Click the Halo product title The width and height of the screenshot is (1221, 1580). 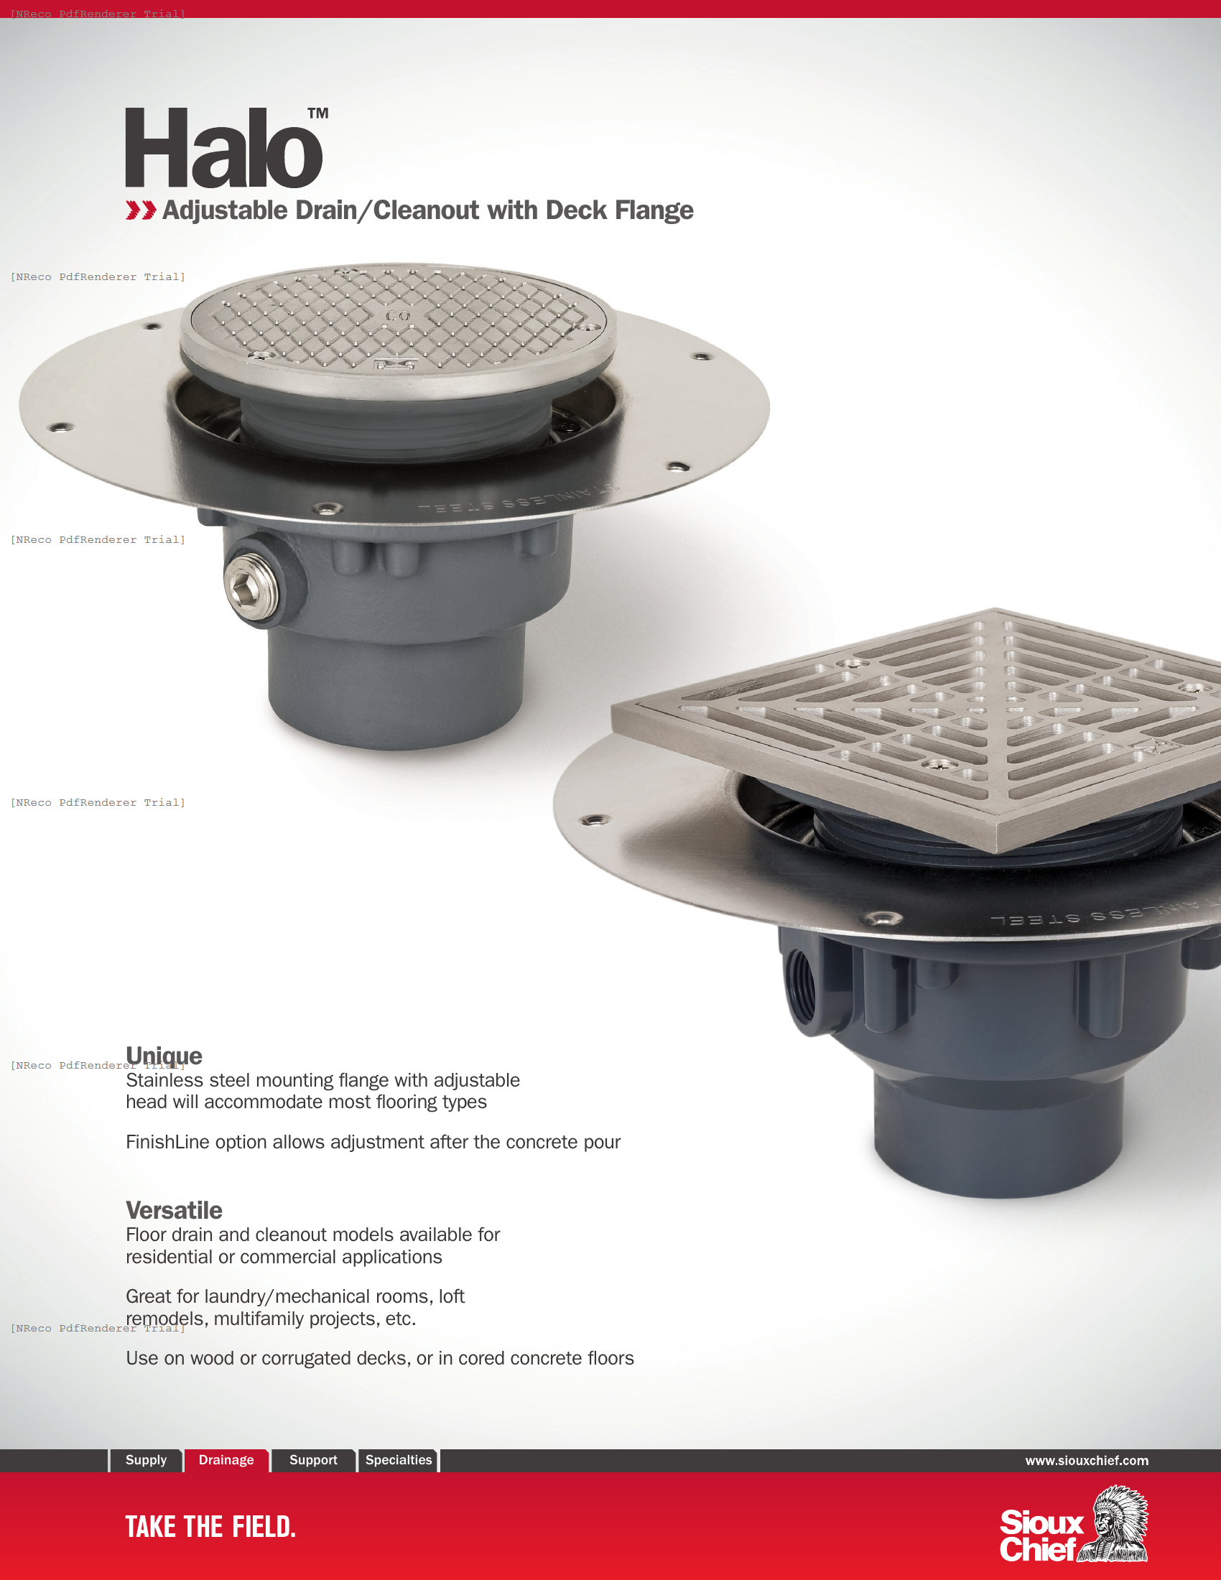point(223,149)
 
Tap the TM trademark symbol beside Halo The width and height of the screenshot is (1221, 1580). point(317,113)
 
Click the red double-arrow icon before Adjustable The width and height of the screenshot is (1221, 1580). point(140,210)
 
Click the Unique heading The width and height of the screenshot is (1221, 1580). point(164,1056)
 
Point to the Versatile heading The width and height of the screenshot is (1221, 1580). point(175,1210)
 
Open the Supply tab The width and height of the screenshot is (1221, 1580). point(146,1460)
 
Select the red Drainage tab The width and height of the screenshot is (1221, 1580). point(226,1460)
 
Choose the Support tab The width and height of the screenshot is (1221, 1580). point(313,1460)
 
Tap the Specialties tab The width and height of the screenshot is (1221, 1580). point(399,1460)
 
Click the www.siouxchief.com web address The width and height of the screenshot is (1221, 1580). point(1087,1461)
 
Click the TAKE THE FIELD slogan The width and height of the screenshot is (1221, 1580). point(210,1527)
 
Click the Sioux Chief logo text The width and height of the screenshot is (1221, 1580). point(1040,1536)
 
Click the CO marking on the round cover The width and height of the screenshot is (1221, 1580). point(397,316)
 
